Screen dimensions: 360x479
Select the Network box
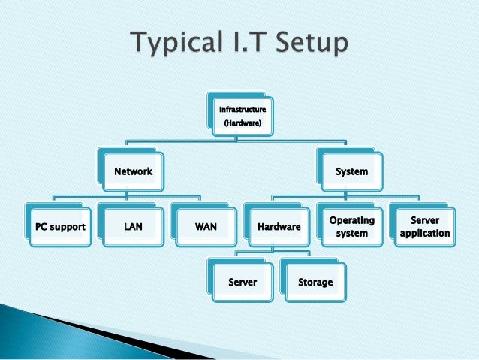[133, 171]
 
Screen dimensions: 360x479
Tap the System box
[351, 171]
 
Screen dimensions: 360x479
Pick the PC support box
[59, 225]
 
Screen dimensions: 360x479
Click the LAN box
[133, 225]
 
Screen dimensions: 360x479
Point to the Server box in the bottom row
[243, 282]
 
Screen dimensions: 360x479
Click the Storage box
[315, 282]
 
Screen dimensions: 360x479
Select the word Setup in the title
[313, 43]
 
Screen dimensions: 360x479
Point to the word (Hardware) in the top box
[240, 123]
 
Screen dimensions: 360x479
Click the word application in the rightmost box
[425, 233]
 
